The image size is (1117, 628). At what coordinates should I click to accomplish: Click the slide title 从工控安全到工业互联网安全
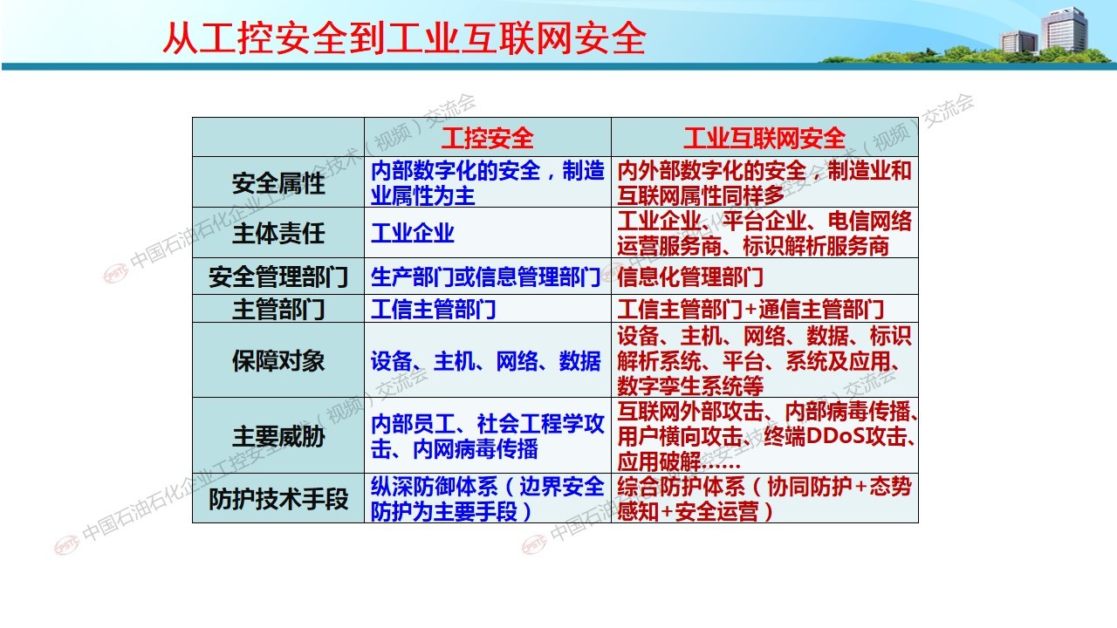(x=404, y=38)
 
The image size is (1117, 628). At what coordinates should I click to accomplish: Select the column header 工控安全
(x=487, y=138)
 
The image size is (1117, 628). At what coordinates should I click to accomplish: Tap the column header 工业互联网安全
(x=764, y=138)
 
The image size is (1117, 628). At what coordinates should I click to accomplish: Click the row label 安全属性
(x=278, y=183)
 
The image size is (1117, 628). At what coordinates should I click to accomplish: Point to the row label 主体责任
(x=278, y=233)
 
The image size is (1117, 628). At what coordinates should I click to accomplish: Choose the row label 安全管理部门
(x=278, y=276)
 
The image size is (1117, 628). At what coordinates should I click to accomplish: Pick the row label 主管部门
(x=278, y=309)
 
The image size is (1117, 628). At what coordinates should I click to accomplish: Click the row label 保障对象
(x=278, y=360)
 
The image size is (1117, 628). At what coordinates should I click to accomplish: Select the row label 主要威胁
(x=278, y=436)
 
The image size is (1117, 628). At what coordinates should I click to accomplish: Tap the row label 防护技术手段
(x=278, y=499)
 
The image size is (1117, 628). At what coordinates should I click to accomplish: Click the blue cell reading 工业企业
(x=413, y=233)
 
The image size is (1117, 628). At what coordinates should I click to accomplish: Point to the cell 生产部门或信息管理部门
(x=485, y=276)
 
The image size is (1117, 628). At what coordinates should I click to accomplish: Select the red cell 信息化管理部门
(x=690, y=276)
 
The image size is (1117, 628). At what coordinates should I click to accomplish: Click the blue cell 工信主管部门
(x=433, y=309)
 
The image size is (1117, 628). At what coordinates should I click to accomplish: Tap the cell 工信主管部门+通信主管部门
(x=750, y=309)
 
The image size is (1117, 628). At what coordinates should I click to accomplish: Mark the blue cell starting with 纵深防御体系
(x=487, y=499)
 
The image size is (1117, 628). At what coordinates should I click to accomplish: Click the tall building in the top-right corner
(x=1064, y=29)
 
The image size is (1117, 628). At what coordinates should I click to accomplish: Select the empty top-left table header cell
(x=278, y=137)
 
